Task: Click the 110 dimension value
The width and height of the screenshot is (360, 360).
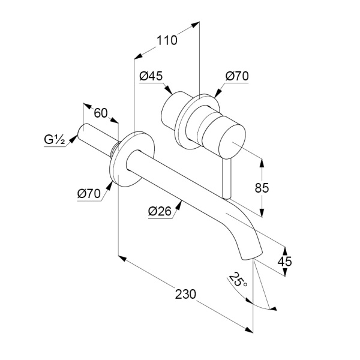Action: [x=167, y=40]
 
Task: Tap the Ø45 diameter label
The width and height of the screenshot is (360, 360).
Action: [x=151, y=76]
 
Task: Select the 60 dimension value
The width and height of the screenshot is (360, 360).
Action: [x=101, y=113]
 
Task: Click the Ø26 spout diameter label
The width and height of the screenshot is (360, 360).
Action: [x=160, y=211]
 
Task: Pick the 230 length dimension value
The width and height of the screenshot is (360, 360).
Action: [x=185, y=295]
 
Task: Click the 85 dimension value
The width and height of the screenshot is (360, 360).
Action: [x=262, y=188]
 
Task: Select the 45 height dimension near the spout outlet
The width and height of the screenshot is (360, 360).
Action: [x=284, y=261]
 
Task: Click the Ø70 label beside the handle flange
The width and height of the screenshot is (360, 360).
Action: [x=237, y=76]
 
